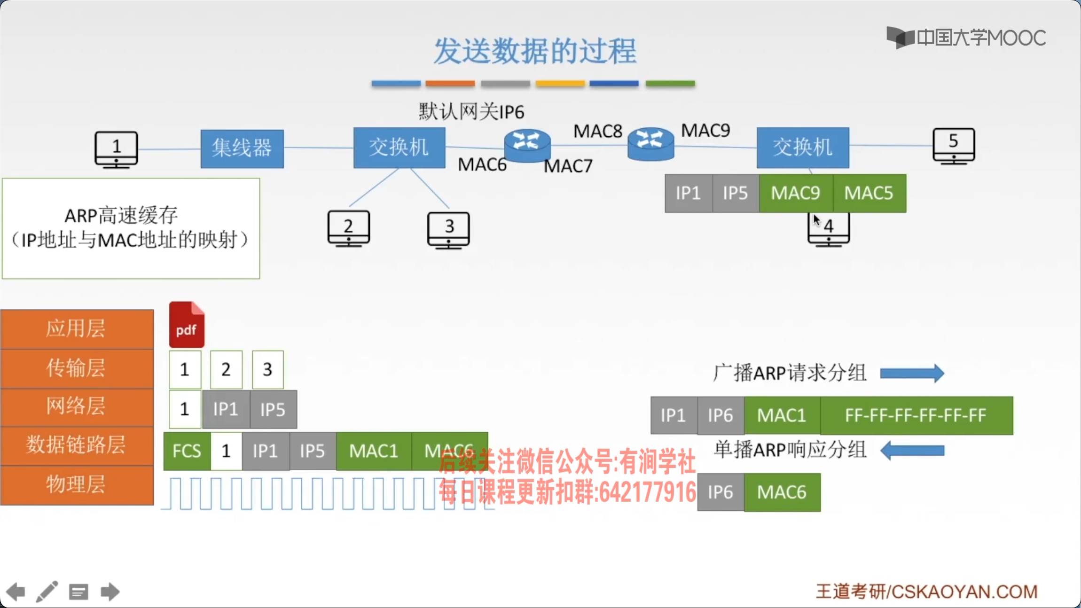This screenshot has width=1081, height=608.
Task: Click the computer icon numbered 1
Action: click(x=116, y=149)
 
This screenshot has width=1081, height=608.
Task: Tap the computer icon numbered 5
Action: click(x=953, y=145)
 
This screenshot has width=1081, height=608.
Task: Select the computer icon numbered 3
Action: click(x=448, y=229)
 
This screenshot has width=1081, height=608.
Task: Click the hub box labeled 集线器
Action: click(x=242, y=148)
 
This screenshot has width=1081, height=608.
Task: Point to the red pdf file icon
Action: click(x=187, y=325)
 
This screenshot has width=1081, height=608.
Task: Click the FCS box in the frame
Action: click(x=187, y=451)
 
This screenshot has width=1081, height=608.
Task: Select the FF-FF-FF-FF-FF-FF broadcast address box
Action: click(x=916, y=415)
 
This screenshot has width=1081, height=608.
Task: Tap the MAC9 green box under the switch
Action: click(x=796, y=193)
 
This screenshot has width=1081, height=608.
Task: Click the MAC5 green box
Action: click(x=869, y=193)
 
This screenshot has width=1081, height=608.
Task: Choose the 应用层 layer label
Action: click(x=76, y=328)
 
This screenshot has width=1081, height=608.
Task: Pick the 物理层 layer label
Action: click(x=76, y=484)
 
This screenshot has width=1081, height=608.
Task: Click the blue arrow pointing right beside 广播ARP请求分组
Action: click(x=912, y=374)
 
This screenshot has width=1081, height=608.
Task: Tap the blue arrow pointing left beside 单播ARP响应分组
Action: click(x=912, y=451)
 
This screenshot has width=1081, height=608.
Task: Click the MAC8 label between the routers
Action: click(x=597, y=131)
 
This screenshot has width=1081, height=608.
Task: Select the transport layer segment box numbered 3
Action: click(x=267, y=369)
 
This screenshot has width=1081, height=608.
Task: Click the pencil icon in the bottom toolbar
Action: click(x=47, y=591)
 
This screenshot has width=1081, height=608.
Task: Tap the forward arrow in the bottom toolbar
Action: click(x=110, y=592)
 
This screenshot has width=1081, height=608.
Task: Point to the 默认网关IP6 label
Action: click(x=471, y=112)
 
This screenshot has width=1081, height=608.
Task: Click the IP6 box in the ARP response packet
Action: click(x=721, y=492)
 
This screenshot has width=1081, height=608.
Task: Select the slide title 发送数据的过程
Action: click(x=535, y=51)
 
